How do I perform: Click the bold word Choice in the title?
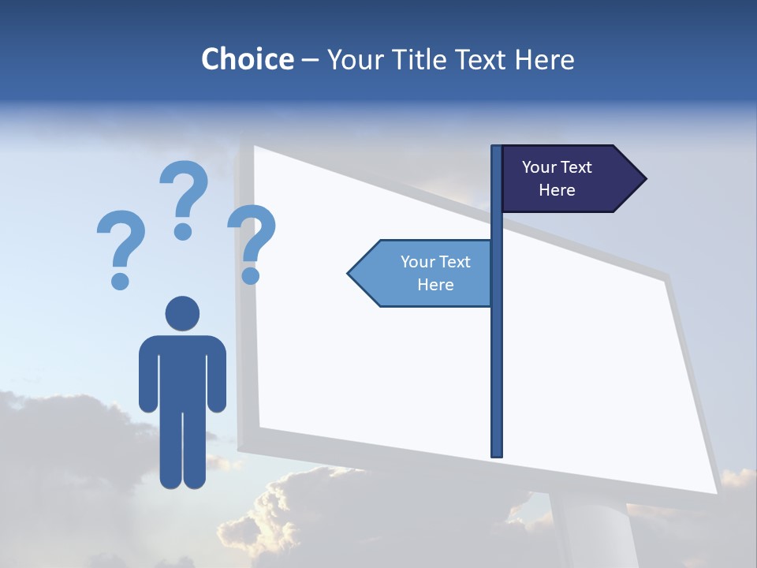pos(247,59)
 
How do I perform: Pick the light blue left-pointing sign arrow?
pos(422,274)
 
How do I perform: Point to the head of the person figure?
pos(182,313)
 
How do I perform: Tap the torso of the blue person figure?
pos(182,371)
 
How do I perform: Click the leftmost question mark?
pos(121,241)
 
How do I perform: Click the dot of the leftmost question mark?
pos(121,281)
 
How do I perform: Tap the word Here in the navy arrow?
pos(557,190)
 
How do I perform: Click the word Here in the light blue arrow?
pos(435,285)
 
